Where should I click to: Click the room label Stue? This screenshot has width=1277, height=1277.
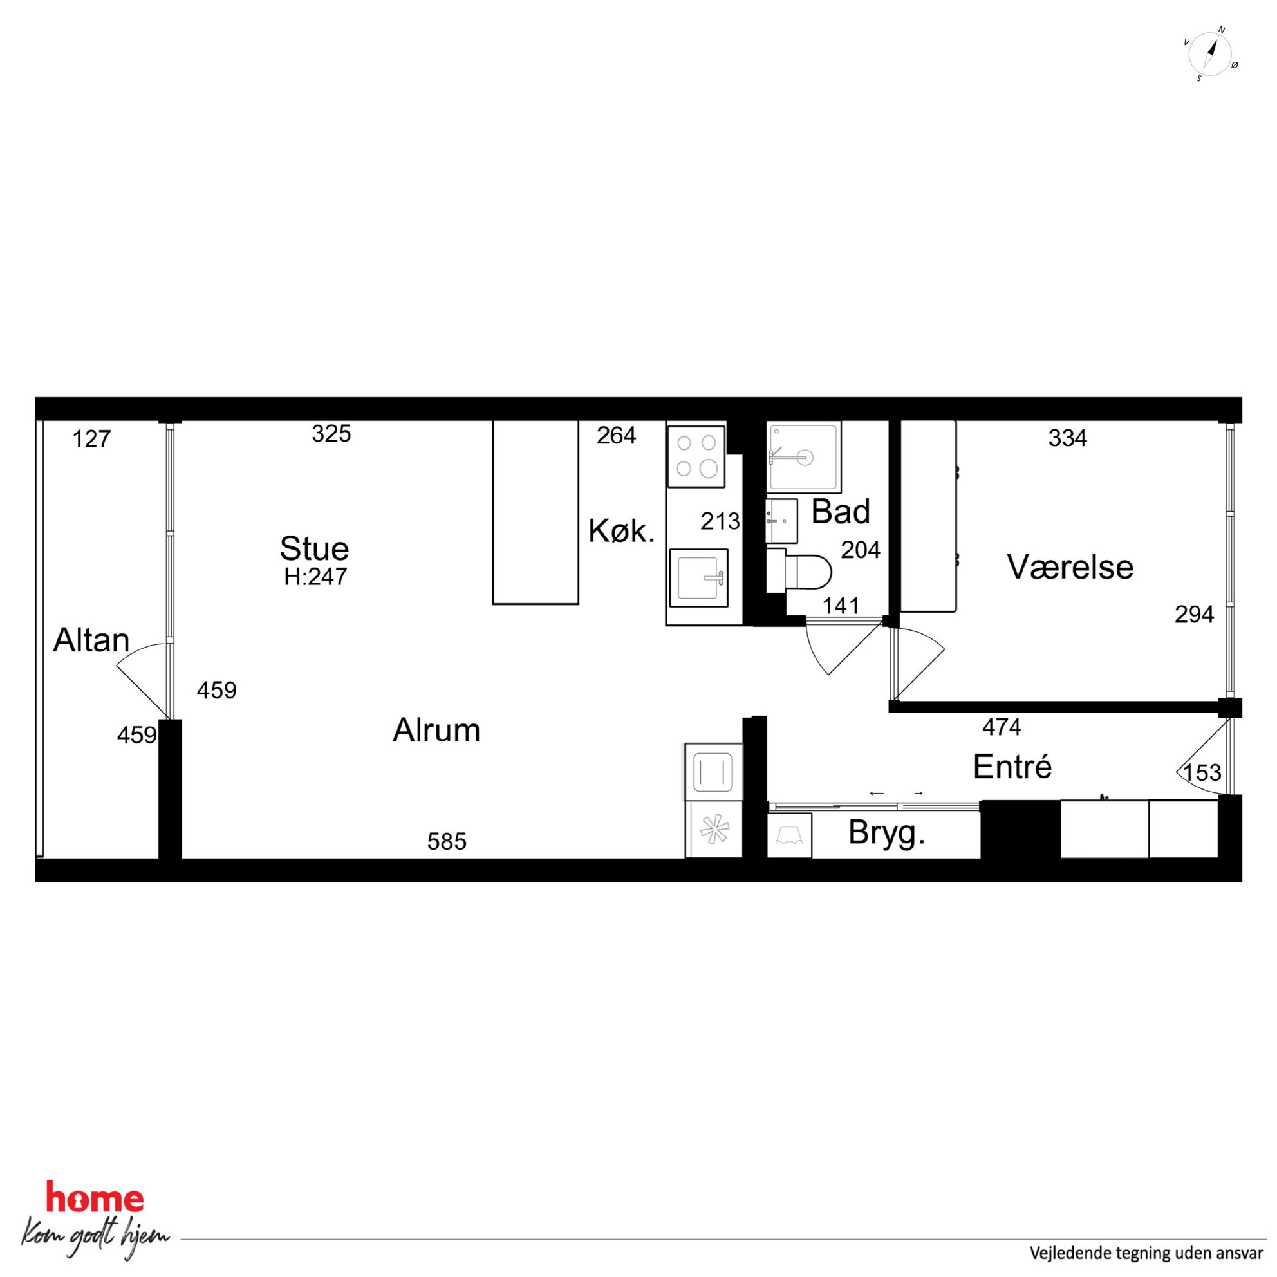314,548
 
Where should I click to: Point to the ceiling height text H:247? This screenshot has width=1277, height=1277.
315,577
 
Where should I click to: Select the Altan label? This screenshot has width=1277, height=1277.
91,640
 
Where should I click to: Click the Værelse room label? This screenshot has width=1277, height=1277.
1070,567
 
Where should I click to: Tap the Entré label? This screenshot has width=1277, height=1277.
1012,767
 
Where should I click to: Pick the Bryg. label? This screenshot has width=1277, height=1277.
886,834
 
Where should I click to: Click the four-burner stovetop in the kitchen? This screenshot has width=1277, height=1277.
696,456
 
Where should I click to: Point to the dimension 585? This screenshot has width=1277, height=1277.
447,841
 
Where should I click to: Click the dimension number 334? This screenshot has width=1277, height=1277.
1067,438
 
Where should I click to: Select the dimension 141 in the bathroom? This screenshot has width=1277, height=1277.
841,606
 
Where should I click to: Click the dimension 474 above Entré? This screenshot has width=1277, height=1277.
1002,727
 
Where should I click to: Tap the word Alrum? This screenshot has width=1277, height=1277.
436,731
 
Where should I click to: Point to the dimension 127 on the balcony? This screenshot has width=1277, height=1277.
91,439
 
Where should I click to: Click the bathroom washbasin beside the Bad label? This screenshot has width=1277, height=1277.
782,521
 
